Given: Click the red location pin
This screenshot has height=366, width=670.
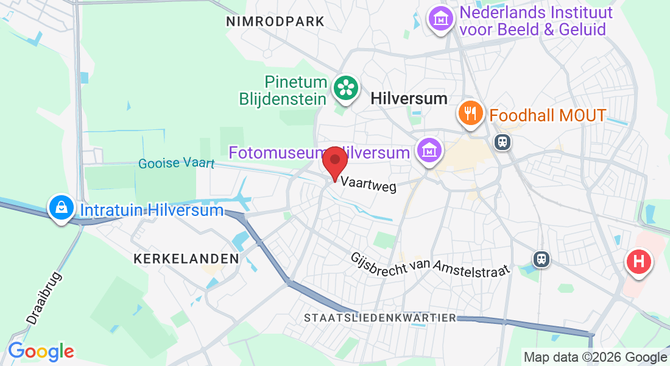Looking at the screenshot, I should tap(334, 162).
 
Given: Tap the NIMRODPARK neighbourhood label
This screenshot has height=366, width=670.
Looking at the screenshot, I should tap(275, 22).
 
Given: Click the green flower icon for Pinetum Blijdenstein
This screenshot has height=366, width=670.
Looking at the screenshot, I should tap(346, 88).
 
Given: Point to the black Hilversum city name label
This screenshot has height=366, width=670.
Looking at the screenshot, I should tap(409, 99).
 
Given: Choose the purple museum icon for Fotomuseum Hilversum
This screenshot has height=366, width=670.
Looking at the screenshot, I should tap(429, 149).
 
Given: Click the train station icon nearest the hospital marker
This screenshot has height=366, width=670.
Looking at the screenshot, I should tap(541, 259).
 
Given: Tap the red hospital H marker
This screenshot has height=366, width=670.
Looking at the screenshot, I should tap(639, 262).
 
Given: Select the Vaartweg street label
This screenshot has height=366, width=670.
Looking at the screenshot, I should tap(368, 184).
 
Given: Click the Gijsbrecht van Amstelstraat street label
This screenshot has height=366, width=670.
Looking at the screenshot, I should tap(429, 266).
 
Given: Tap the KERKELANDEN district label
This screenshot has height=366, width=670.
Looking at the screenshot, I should tap(186, 259).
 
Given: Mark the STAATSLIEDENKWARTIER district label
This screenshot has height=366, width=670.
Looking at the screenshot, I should tap(380, 318).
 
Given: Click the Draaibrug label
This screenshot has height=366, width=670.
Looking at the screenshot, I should tap(44, 296).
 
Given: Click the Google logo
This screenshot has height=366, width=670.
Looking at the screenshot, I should tap(41, 351).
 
